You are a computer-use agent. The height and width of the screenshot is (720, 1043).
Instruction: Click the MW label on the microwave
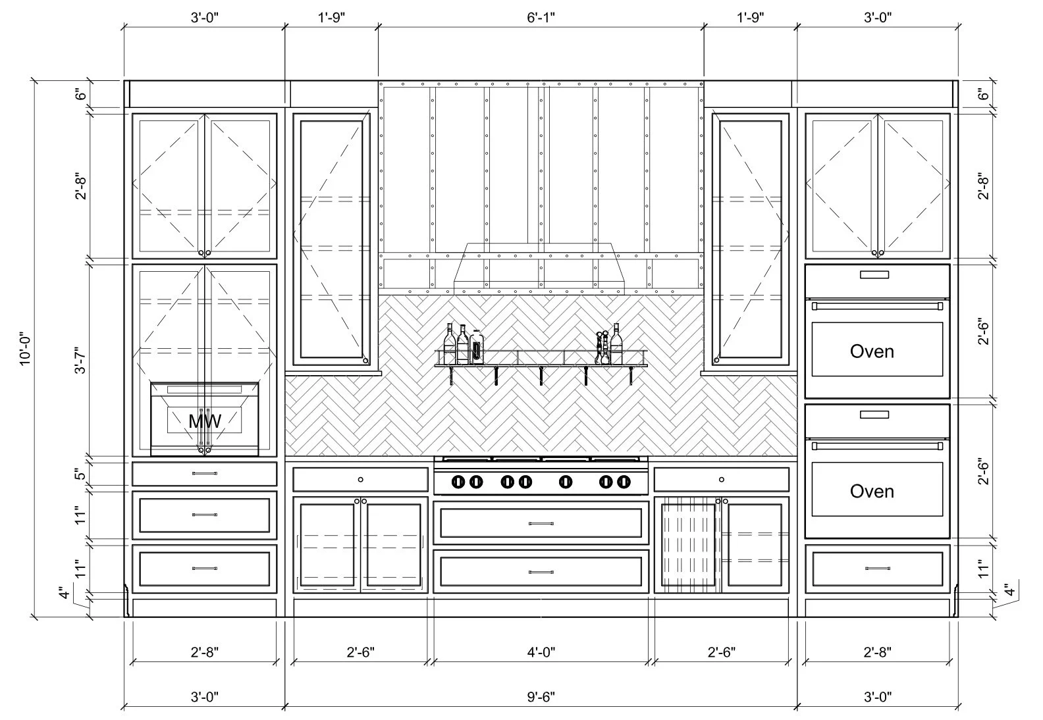[205, 420]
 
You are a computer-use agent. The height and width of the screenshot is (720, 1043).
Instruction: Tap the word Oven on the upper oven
[872, 351]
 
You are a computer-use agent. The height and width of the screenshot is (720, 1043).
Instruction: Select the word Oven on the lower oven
[872, 491]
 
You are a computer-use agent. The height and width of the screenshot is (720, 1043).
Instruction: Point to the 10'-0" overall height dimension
[25, 349]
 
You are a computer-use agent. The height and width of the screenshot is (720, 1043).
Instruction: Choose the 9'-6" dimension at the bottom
[541, 696]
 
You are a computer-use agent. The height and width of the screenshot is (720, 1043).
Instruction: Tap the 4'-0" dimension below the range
[541, 652]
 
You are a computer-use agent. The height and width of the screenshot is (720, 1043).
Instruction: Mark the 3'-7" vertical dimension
[81, 359]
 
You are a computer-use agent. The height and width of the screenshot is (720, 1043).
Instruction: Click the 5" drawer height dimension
[81, 475]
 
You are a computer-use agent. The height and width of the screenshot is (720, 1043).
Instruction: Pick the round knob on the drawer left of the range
[360, 479]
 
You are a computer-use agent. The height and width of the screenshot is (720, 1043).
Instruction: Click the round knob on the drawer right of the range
[722, 479]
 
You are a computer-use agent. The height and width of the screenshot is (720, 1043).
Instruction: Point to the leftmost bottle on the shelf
[450, 344]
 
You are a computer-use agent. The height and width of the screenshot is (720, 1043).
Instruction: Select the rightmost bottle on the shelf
[616, 345]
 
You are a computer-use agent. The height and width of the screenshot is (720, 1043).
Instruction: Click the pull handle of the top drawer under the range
[541, 523]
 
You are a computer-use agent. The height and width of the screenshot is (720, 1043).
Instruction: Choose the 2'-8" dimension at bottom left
[205, 652]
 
